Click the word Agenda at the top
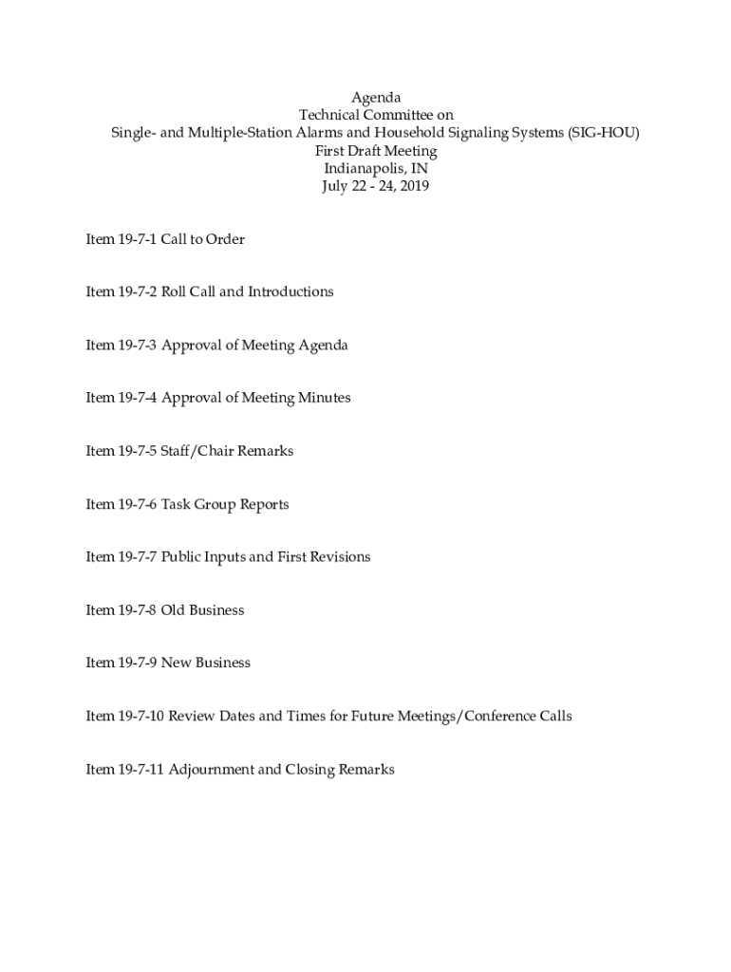(376, 98)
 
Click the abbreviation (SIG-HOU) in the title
(604, 133)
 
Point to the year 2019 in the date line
(414, 187)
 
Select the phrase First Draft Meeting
(376, 151)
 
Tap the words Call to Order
(203, 239)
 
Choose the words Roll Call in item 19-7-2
(188, 291)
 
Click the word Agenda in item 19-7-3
(324, 345)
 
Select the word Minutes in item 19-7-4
(325, 398)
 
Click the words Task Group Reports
(225, 504)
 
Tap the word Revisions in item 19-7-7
(339, 556)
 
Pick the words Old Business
(202, 609)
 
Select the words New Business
(206, 663)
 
